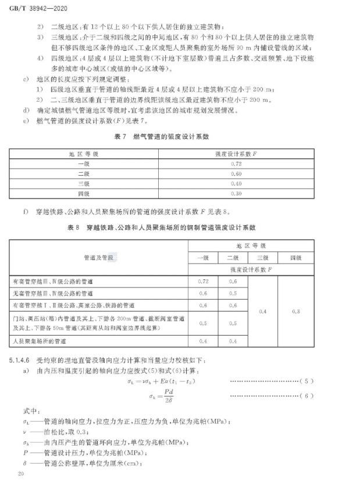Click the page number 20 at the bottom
[x=20, y=475]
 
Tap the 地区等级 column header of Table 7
[x=88, y=154]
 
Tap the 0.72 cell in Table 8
[x=203, y=282]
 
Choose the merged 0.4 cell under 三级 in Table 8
[x=262, y=311]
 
